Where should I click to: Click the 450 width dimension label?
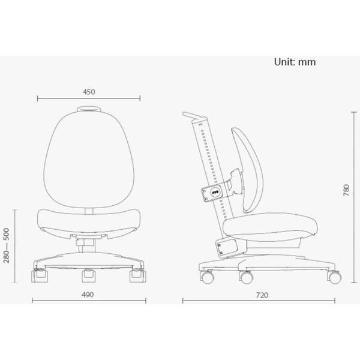click(89, 92)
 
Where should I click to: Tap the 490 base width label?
click(89, 295)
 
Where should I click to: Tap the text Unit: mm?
click(295, 62)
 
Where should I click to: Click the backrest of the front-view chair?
click(89, 156)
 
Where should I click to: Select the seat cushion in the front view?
click(89, 218)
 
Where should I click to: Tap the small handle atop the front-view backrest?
click(89, 109)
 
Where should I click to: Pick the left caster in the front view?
click(39, 277)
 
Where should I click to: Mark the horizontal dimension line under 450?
click(89, 100)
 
